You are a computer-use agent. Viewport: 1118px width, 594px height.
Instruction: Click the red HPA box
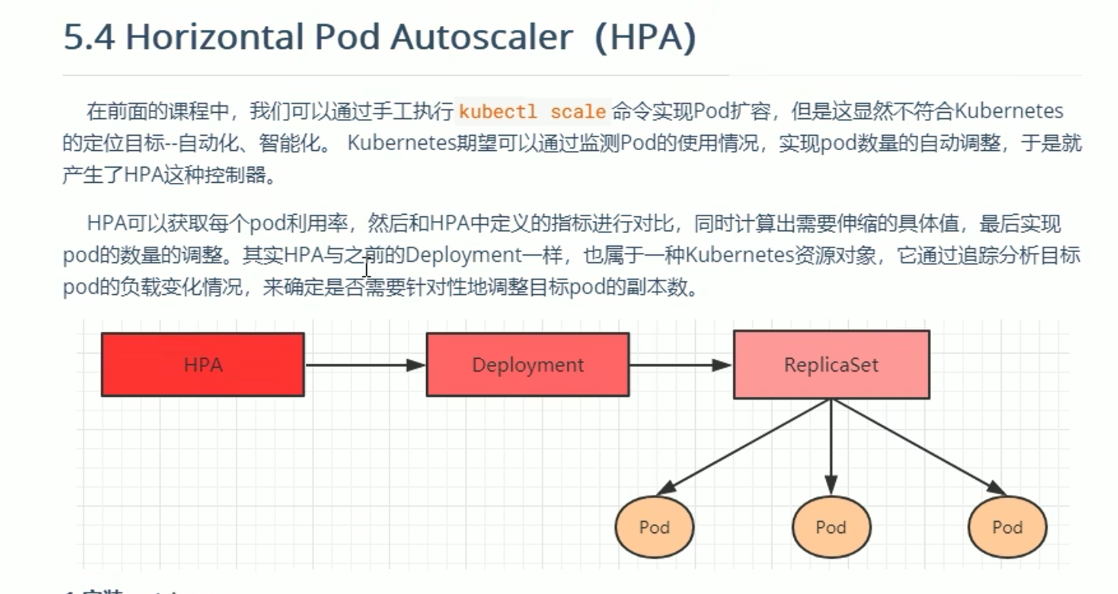click(203, 364)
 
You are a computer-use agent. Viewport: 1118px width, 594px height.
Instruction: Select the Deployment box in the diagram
click(527, 364)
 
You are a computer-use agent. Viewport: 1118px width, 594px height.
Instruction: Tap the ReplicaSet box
click(831, 364)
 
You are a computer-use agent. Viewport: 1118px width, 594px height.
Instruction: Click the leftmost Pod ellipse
click(654, 527)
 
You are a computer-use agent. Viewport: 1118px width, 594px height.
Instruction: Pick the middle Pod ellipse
click(831, 527)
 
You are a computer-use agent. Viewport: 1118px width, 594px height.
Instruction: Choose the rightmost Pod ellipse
click(1007, 527)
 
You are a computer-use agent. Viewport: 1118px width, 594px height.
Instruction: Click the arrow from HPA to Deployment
click(364, 365)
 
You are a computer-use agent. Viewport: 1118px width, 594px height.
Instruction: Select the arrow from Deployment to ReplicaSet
click(680, 365)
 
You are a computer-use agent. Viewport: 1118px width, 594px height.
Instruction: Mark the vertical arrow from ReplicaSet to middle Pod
click(831, 445)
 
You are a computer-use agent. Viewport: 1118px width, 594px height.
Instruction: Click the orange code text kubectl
click(497, 111)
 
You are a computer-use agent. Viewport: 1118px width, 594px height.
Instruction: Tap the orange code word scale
click(578, 111)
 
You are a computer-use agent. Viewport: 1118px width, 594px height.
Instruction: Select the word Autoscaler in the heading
click(481, 37)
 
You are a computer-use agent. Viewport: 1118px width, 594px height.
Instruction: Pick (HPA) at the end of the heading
click(645, 37)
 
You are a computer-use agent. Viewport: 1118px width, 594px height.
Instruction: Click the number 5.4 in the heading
click(89, 37)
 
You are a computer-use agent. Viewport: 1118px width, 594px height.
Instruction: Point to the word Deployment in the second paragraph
click(464, 256)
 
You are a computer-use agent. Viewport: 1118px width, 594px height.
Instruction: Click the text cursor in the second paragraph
click(366, 268)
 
